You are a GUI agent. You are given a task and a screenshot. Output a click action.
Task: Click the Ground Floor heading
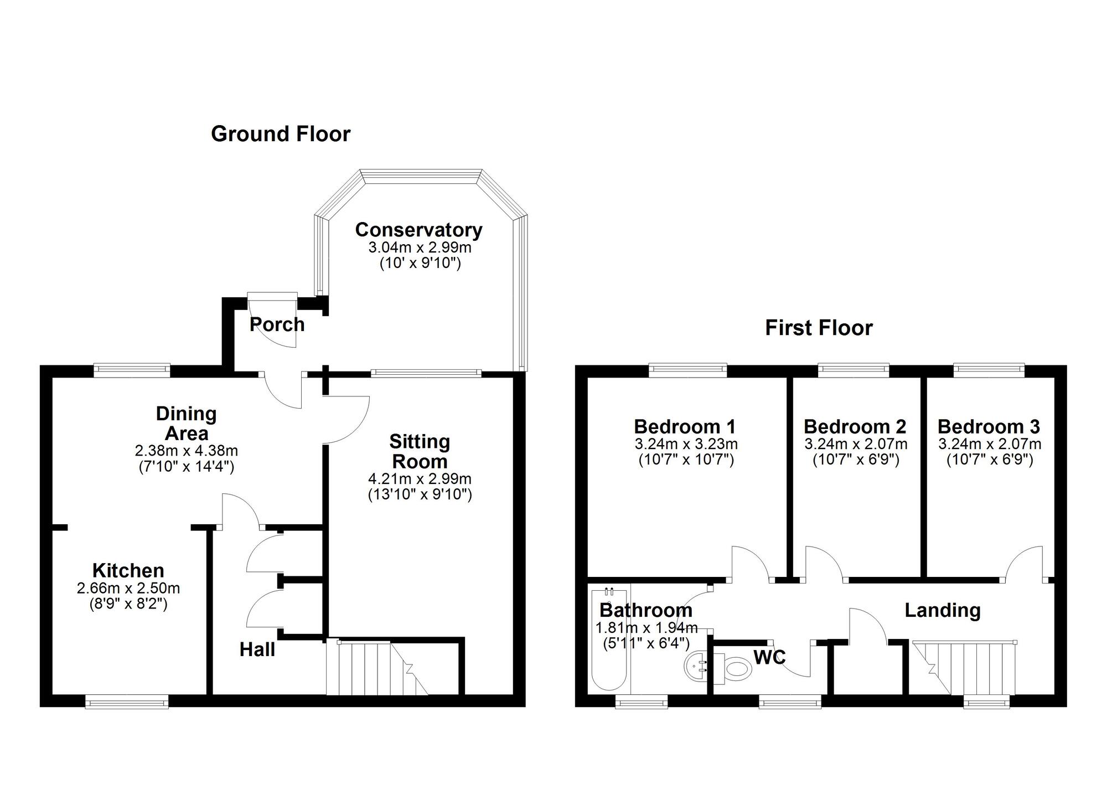pyautogui.click(x=281, y=134)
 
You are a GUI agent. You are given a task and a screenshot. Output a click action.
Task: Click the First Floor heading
pyautogui.click(x=819, y=328)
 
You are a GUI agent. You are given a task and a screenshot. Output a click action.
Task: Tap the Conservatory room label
pyautogui.click(x=418, y=229)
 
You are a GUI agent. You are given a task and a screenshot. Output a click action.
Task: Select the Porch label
pyautogui.click(x=277, y=324)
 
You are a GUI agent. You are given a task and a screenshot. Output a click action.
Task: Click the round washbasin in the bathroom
pyautogui.click(x=696, y=666)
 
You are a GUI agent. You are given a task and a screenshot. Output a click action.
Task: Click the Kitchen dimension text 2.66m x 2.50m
pyautogui.click(x=128, y=588)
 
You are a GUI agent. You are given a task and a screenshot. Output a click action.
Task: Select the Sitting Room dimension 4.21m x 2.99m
pyautogui.click(x=420, y=478)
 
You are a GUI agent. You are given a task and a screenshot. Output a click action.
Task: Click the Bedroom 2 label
pyautogui.click(x=855, y=426)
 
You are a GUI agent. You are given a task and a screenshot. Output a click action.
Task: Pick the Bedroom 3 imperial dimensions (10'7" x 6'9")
pyautogui.click(x=990, y=460)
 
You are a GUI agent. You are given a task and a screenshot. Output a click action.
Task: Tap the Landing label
pyautogui.click(x=943, y=610)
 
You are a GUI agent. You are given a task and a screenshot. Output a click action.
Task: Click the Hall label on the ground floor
pyautogui.click(x=257, y=649)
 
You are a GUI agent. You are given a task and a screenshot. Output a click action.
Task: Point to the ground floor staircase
pyautogui.click(x=376, y=667)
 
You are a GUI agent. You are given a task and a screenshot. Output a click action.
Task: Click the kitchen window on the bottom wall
pyautogui.click(x=127, y=702)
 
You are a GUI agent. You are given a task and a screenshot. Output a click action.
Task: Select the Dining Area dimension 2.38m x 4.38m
pyautogui.click(x=186, y=451)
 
